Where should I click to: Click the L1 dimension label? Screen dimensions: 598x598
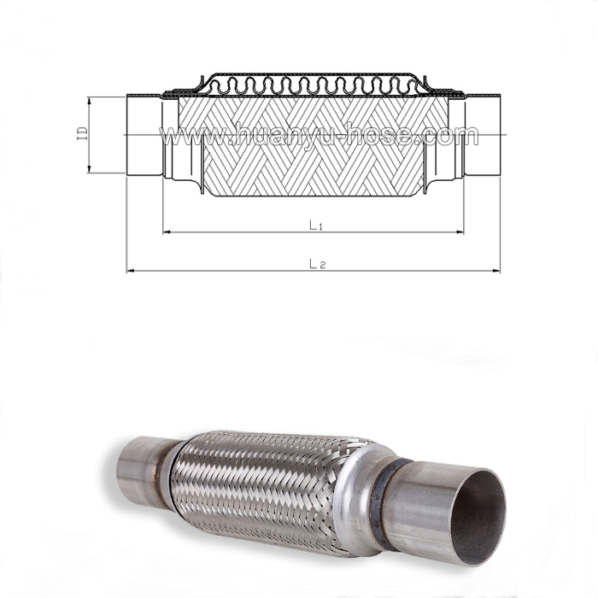pos(315,224)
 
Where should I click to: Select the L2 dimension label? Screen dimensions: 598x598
pos(315,264)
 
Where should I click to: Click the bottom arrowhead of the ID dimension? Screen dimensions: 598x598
pos(90,172)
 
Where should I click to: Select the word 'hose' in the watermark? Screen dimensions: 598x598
pos(401,135)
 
